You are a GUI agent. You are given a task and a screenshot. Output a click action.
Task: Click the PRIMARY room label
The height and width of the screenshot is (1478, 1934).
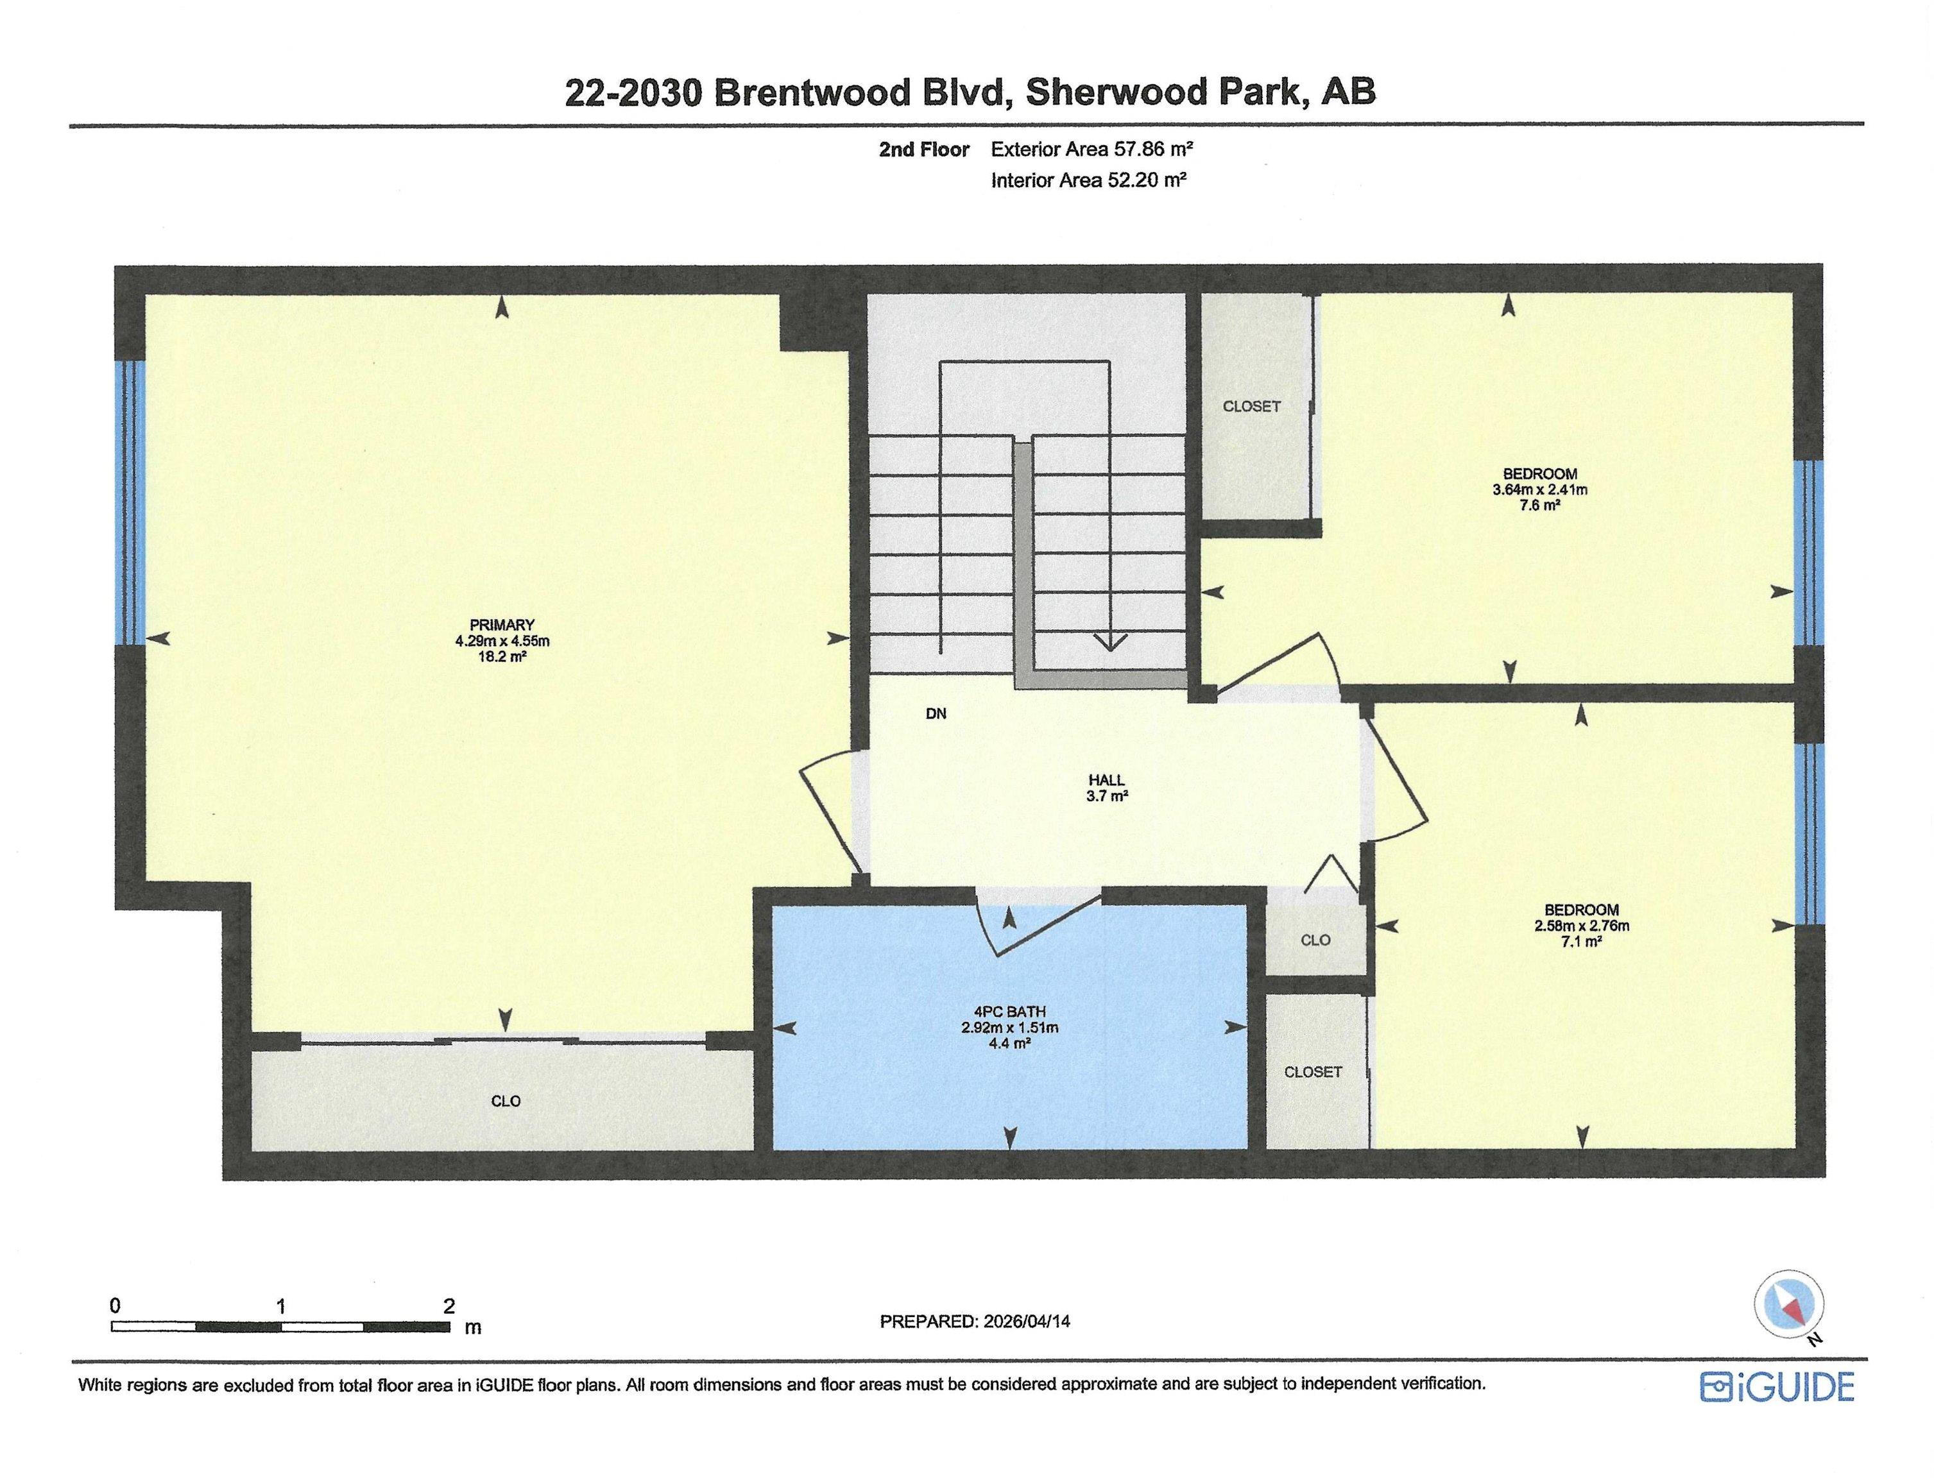point(502,625)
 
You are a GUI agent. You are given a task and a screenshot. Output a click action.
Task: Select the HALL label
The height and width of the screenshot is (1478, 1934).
point(1106,779)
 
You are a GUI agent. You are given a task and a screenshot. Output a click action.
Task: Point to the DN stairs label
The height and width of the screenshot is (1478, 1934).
point(936,713)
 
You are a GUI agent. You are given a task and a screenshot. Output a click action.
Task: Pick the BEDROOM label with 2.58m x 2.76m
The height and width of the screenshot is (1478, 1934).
point(1581,910)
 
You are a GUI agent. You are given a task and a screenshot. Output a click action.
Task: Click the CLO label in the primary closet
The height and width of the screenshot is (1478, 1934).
point(505,1101)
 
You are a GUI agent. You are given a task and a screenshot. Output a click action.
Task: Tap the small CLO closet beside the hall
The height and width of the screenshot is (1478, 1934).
point(1315,940)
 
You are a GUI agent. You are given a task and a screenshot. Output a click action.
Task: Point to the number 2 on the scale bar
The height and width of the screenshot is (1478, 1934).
point(450,1305)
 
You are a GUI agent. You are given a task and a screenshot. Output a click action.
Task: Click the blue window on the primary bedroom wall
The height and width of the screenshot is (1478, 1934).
point(130,502)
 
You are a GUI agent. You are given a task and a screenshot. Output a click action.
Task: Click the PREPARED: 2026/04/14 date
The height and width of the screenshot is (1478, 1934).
point(975,1321)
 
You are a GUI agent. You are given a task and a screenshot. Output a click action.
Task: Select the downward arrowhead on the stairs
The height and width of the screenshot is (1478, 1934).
point(1109,640)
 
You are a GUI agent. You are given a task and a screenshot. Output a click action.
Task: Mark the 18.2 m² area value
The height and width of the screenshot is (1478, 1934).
point(502,656)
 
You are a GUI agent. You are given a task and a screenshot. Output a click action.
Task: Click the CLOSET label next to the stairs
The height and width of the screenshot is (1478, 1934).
point(1251,407)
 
